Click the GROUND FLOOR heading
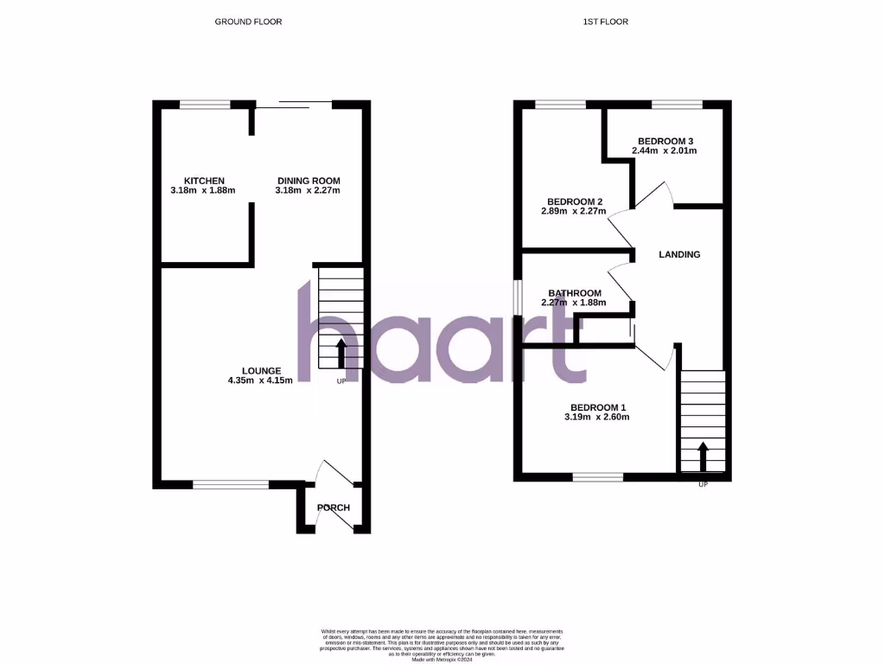point(248,22)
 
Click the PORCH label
point(333,508)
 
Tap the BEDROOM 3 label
point(665,141)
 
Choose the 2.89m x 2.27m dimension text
point(572,212)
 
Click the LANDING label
point(679,255)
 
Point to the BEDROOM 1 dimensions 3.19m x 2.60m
point(596,417)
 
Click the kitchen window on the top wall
point(205,105)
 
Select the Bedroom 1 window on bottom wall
point(597,476)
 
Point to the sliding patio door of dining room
point(294,105)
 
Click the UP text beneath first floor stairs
point(703,484)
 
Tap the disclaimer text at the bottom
point(442,640)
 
